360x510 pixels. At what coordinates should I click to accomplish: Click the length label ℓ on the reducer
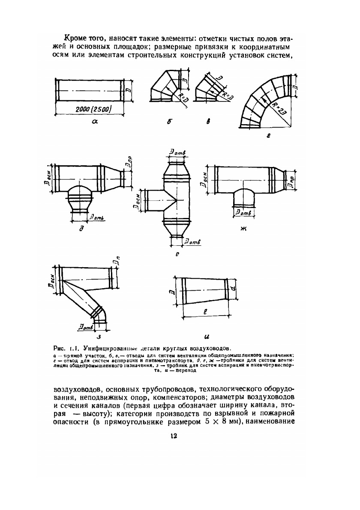(206, 313)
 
